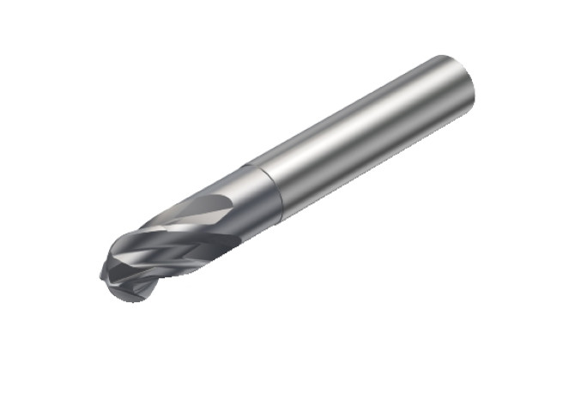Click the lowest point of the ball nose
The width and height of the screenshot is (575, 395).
pos(129,300)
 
